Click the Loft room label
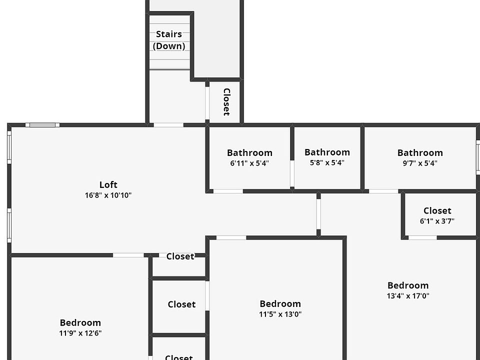click(108, 185)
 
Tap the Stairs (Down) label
click(169, 40)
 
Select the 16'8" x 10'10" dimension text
click(108, 195)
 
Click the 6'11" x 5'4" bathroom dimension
click(249, 163)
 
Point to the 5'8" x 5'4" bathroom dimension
click(327, 162)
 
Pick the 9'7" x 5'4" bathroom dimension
click(420, 163)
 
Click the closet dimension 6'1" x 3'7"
click(437, 221)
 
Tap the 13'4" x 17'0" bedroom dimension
click(408, 295)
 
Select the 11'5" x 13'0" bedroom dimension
click(280, 314)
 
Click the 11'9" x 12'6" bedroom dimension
click(80, 333)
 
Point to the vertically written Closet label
click(226, 102)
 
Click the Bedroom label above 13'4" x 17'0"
click(408, 285)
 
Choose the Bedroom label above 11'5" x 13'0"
click(280, 303)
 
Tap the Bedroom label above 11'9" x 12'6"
click(80, 322)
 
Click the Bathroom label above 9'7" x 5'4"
click(420, 152)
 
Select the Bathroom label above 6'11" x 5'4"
click(249, 152)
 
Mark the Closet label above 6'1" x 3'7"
click(437, 210)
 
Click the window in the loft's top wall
click(42, 125)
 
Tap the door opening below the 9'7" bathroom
click(383, 191)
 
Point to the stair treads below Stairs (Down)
click(169, 60)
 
